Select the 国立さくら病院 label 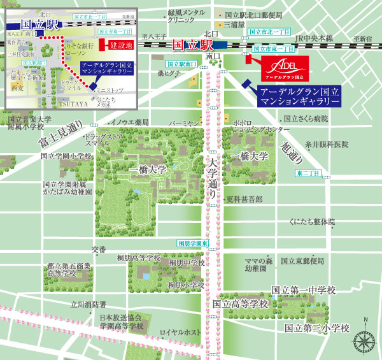(306, 119)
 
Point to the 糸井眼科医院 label (327, 145)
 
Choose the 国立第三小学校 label (317, 328)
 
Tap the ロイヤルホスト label (181, 333)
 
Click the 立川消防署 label (88, 304)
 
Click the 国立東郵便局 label (303, 261)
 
